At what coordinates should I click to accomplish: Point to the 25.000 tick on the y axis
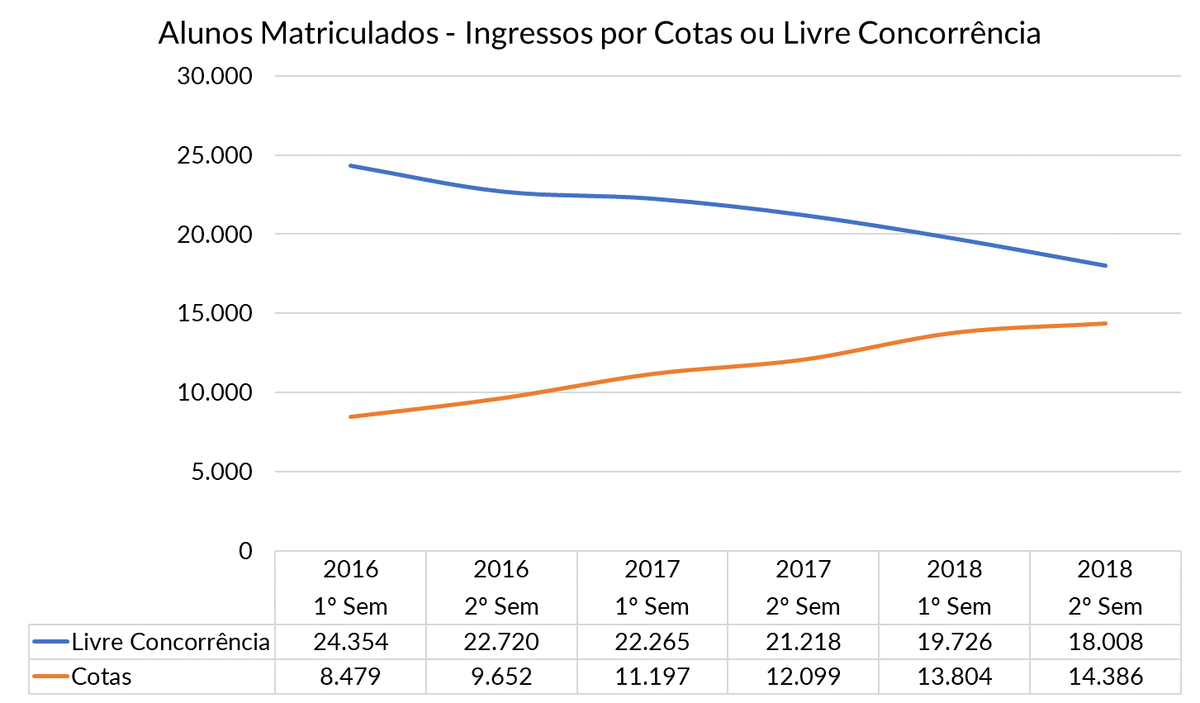point(214,155)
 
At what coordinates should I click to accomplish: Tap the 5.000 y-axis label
point(221,472)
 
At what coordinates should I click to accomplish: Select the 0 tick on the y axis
point(245,551)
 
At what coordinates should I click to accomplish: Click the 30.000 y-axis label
point(214,76)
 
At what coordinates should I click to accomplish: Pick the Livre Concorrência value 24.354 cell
point(351,642)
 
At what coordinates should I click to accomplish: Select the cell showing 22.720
point(501,642)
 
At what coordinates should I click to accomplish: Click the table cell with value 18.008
point(1105,642)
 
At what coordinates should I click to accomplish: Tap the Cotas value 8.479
point(351,677)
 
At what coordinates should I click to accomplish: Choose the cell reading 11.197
point(652,677)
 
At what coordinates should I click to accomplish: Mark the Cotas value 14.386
point(1105,677)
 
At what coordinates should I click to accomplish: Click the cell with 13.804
point(955,677)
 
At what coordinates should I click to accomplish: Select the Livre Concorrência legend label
point(170,642)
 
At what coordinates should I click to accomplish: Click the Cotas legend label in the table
point(102,677)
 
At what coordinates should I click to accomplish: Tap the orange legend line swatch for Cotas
point(50,677)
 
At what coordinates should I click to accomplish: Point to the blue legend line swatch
point(50,642)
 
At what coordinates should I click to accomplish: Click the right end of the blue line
point(1105,265)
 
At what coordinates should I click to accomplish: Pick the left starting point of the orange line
point(351,416)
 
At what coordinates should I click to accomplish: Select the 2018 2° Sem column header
point(1105,587)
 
